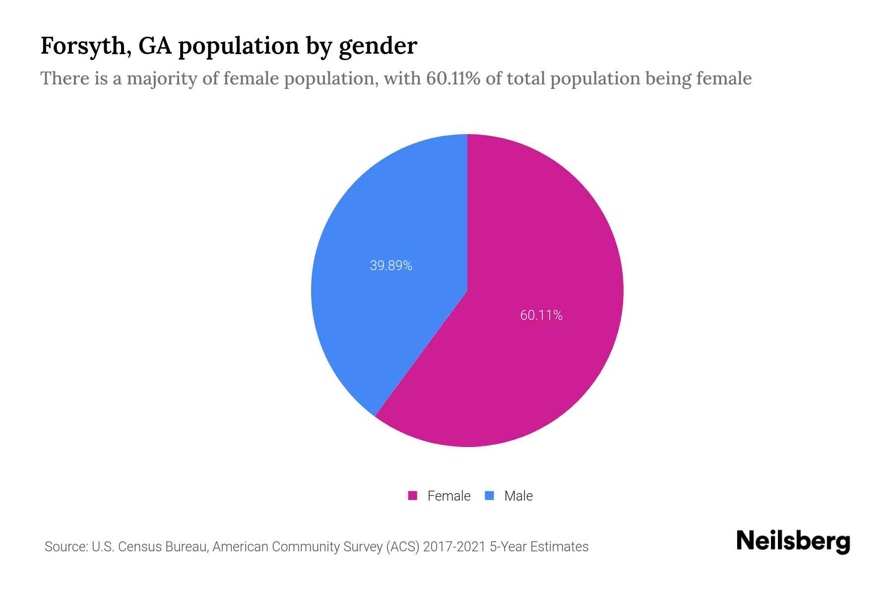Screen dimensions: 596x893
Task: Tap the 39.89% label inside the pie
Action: click(391, 266)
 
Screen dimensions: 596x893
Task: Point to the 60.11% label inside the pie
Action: click(541, 315)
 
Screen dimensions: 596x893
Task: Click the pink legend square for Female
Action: click(412, 496)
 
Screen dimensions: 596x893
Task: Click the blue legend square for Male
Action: click(489, 496)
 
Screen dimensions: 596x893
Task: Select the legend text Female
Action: click(448, 496)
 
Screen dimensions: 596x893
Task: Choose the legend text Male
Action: click(518, 496)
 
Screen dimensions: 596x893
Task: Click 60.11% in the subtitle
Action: click(453, 78)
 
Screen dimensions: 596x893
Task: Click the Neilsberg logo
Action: click(793, 541)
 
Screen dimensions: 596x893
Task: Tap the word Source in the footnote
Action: click(65, 547)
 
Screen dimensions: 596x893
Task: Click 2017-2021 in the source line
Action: click(454, 547)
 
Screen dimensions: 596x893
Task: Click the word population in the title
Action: click(238, 46)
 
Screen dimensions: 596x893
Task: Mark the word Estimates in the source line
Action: click(559, 547)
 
